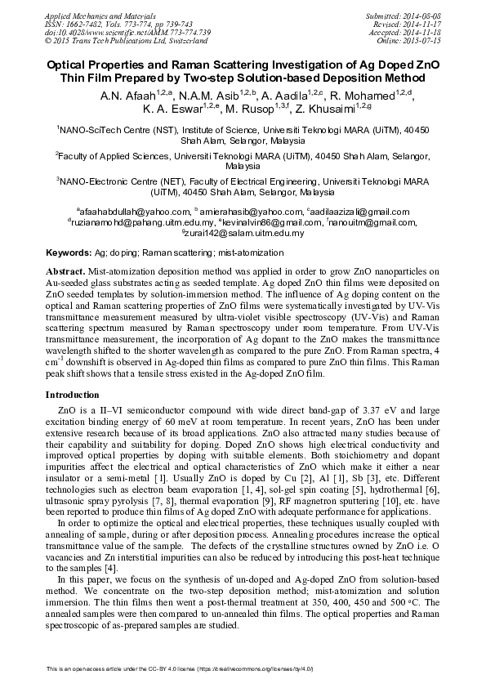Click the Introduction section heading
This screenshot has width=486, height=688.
[x=76, y=395]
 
